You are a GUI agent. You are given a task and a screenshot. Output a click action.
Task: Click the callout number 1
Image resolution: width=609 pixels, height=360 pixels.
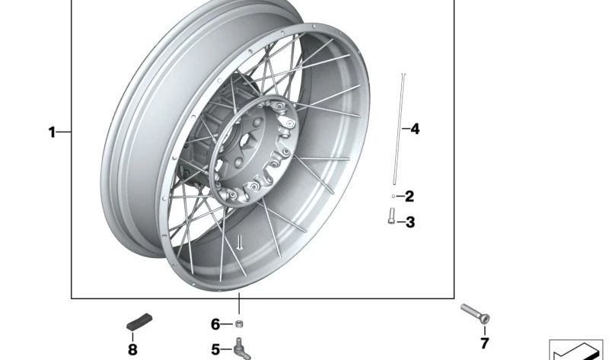(x=52, y=132)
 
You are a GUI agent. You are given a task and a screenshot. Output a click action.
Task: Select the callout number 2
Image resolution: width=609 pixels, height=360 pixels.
(x=410, y=196)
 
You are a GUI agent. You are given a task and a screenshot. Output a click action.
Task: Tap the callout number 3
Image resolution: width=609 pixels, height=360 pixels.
(x=410, y=222)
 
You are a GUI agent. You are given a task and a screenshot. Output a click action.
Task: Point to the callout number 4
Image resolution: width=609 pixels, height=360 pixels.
(x=415, y=129)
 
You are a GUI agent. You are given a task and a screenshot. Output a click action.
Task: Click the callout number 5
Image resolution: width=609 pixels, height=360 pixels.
(x=215, y=350)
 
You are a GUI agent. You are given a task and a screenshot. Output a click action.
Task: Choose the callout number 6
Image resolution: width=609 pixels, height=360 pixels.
(x=215, y=324)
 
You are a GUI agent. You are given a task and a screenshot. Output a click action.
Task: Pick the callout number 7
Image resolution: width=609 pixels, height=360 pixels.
(x=484, y=344)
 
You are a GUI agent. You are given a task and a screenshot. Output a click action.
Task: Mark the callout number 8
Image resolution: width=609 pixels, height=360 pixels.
(x=132, y=350)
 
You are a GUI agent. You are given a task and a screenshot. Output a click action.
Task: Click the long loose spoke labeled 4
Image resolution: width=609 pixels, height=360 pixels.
(x=399, y=129)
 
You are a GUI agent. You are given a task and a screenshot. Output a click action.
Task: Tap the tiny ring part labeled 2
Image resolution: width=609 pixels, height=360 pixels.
(x=394, y=196)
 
